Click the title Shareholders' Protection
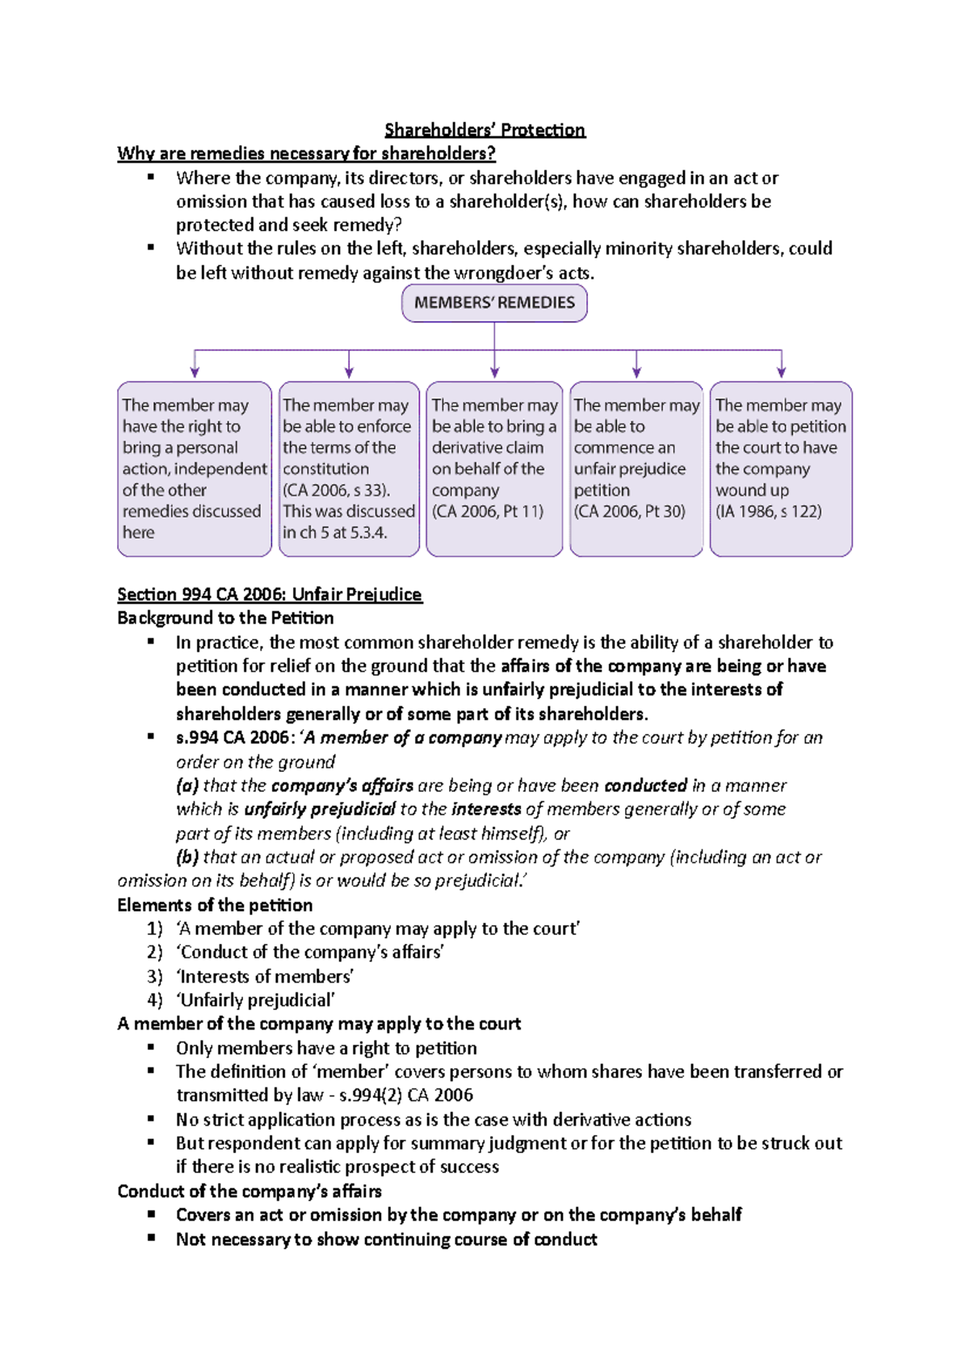(x=484, y=130)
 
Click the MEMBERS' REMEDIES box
(x=494, y=303)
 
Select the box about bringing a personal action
(x=194, y=468)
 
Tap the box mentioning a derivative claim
(x=494, y=468)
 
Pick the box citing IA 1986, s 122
(x=781, y=468)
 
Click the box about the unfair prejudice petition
(x=636, y=468)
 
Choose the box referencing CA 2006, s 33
(x=349, y=468)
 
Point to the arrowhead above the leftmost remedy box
(x=194, y=372)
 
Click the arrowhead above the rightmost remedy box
(x=781, y=372)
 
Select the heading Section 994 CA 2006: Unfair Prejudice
(x=269, y=595)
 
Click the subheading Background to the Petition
(x=225, y=618)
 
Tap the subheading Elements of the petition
(x=215, y=905)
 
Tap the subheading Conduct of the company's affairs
(x=250, y=1192)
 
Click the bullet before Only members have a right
(x=151, y=1048)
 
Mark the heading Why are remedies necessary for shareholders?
(x=306, y=153)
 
